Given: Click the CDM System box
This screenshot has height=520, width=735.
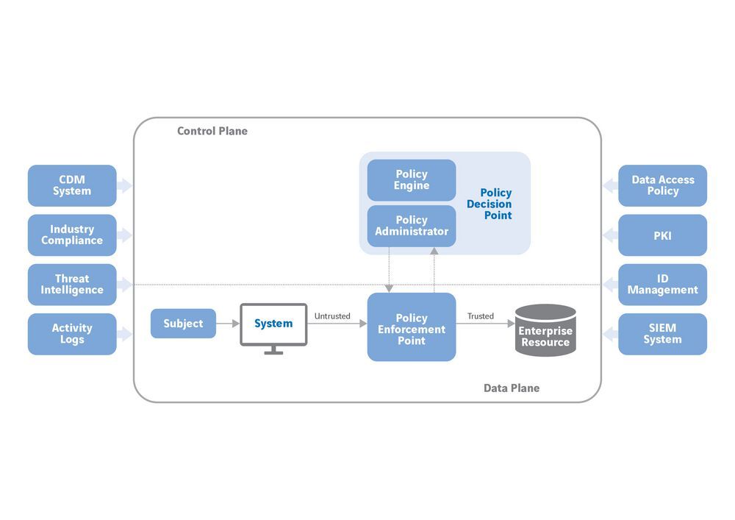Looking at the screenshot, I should click(x=72, y=185).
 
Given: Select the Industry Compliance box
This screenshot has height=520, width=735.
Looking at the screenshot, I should click(x=72, y=235).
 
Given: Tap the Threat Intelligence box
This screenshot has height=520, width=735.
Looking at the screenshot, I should click(x=72, y=285).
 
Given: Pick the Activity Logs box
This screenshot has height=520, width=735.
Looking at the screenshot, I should click(x=72, y=334).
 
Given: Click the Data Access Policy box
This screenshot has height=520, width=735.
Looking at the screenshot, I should click(x=662, y=185).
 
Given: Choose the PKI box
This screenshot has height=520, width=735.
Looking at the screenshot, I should click(x=662, y=235).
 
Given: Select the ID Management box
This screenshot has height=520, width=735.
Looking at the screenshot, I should click(x=662, y=285).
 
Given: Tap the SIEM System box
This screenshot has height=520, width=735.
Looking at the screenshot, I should click(x=662, y=334).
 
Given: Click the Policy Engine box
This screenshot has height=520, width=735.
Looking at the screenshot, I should click(x=412, y=180).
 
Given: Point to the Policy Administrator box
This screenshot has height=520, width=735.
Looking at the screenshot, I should click(x=412, y=226).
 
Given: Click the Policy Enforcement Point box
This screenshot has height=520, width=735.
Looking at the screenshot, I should click(x=412, y=327).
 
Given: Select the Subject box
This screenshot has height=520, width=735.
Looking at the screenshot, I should click(x=183, y=324).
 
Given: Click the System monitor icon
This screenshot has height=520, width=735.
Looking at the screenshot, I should click(x=273, y=324).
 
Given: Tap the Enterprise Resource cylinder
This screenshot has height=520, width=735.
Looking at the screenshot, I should click(x=545, y=331).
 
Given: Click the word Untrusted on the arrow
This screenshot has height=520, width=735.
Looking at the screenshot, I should click(x=332, y=316).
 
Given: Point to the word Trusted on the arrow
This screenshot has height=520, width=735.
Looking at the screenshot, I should click(x=481, y=316).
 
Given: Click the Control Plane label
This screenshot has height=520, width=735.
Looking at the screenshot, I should click(x=212, y=132).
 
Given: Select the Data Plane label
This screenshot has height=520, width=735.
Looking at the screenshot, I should click(x=512, y=388).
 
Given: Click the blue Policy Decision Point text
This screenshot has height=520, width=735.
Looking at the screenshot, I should click(x=490, y=204).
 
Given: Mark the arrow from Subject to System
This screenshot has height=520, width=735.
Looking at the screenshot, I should click(x=229, y=324).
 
